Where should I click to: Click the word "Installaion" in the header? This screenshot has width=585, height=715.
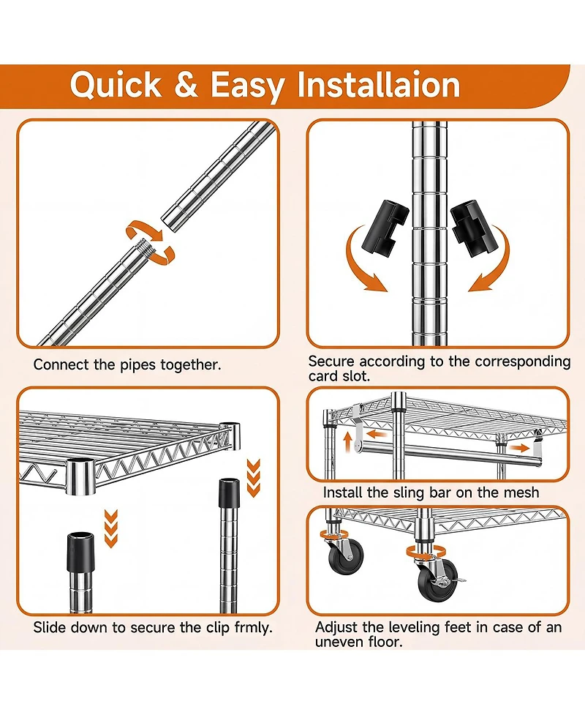(x=379, y=85)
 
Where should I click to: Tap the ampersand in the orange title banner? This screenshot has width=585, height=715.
(x=186, y=85)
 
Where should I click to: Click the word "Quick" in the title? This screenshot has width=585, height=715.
(x=116, y=85)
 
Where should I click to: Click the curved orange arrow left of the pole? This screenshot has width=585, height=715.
(x=365, y=260)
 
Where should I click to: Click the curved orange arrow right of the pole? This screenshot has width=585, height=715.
(x=490, y=260)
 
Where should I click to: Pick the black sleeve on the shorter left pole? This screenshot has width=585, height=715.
(x=80, y=552)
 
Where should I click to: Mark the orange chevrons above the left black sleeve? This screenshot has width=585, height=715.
(x=110, y=528)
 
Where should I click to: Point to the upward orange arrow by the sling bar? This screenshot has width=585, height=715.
(x=347, y=442)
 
